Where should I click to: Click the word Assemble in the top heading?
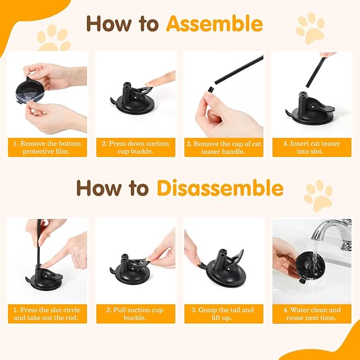coord(214,23)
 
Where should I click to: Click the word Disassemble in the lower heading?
coord(219,188)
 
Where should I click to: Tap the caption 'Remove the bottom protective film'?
coord(47,147)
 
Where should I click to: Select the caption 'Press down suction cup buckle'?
coord(135,147)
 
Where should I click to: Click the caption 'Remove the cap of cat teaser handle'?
coord(223,147)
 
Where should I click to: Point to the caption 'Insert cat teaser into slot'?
coord(312,147)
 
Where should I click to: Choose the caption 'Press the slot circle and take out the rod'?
coord(47,314)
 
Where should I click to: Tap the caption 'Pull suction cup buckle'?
coord(135,314)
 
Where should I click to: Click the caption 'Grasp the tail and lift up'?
coord(223,314)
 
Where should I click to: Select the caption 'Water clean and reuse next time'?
coord(312,314)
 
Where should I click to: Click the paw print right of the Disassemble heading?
coord(318,195)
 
